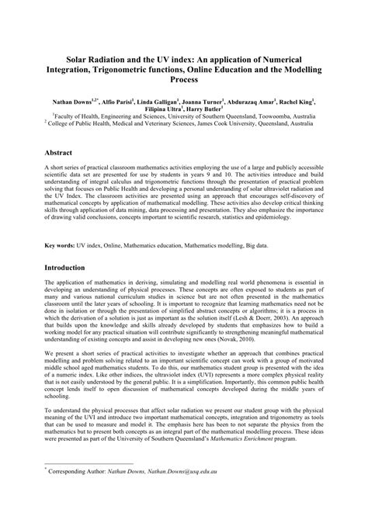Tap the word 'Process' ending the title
184,80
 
